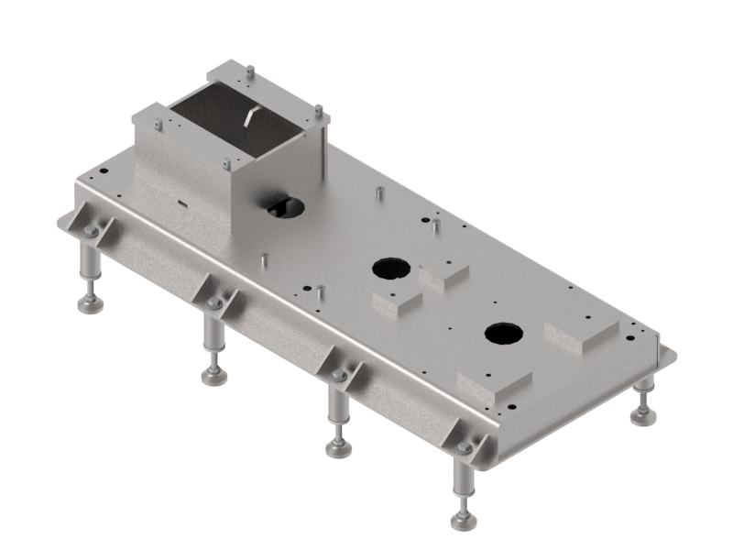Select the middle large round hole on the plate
(x=390, y=269)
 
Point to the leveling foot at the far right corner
(x=644, y=417)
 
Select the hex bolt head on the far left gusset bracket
(x=90, y=232)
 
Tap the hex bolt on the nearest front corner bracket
(x=465, y=447)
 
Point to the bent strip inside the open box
(x=249, y=116)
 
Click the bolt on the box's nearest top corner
(x=226, y=164)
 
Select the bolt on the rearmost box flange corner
(x=249, y=68)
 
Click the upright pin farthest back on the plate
(x=378, y=195)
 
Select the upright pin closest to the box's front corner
(x=263, y=260)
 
